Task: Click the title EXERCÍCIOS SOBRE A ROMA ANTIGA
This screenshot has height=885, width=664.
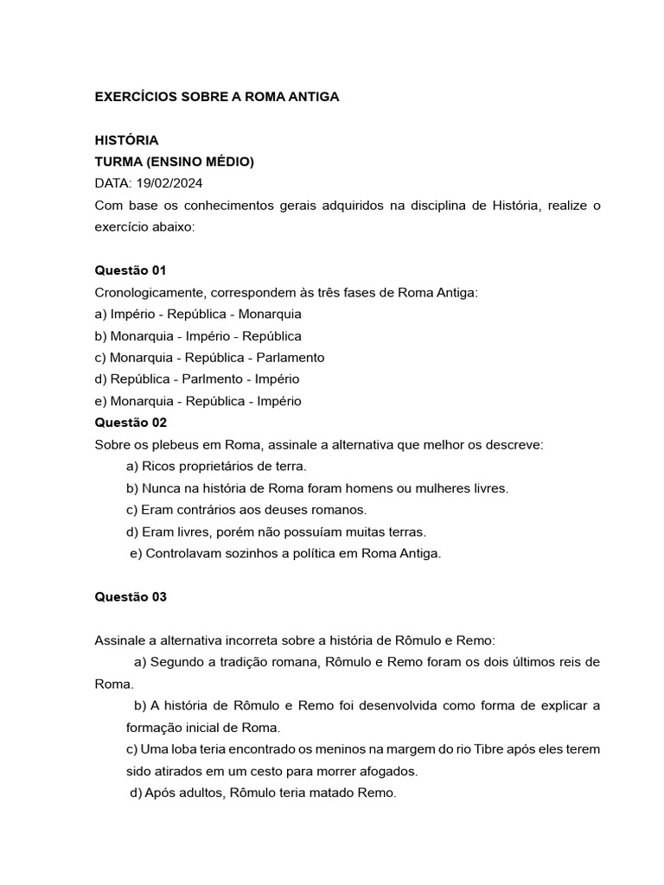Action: (x=216, y=97)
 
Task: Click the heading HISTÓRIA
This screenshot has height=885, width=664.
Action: (x=126, y=140)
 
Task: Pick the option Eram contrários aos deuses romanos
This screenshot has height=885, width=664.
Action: (x=246, y=509)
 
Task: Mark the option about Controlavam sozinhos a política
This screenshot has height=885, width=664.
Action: (x=285, y=553)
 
